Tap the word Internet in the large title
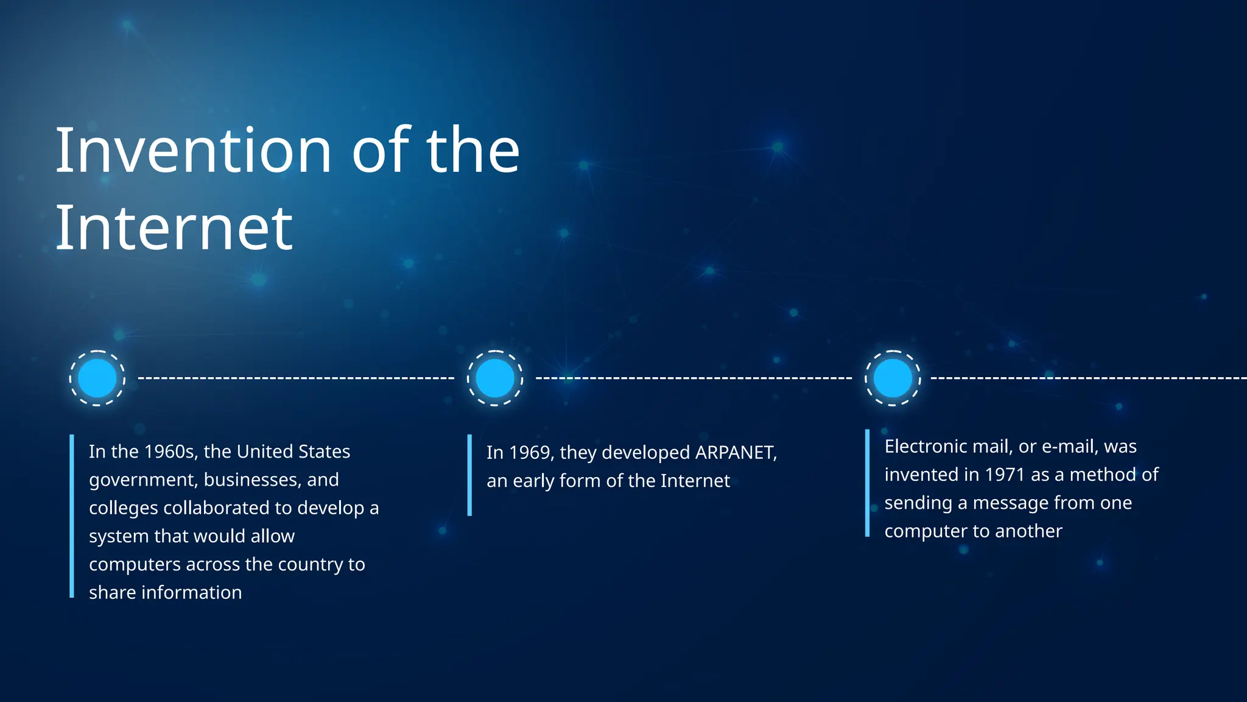coord(174,228)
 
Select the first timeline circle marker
coord(97,378)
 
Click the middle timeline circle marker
coord(495,378)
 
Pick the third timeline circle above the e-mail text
coord(893,378)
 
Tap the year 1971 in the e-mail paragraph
coord(1005,475)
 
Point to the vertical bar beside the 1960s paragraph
coord(72,516)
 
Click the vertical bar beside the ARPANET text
coord(469,475)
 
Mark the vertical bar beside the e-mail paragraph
coord(867,483)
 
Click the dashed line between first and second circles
coord(296,378)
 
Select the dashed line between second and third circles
coord(694,378)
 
